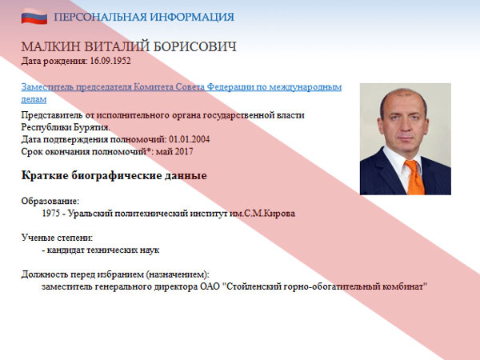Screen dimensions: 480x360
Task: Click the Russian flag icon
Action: click(x=34, y=17)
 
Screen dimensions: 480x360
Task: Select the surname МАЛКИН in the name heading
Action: click(x=51, y=47)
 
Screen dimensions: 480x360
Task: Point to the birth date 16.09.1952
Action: click(x=110, y=61)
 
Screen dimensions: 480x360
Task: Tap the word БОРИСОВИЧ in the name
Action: click(x=194, y=47)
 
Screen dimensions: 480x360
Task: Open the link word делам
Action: click(x=34, y=99)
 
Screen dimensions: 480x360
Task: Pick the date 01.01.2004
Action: click(x=190, y=139)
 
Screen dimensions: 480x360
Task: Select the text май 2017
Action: click(x=174, y=152)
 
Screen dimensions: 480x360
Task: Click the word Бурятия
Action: click(x=92, y=127)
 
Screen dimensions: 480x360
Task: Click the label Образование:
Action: click(x=50, y=201)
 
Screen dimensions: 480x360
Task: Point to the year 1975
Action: click(x=51, y=214)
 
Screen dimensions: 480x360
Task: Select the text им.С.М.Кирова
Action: click(x=262, y=214)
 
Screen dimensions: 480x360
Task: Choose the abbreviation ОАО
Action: click(x=210, y=287)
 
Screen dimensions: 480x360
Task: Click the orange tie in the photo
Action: click(x=415, y=177)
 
